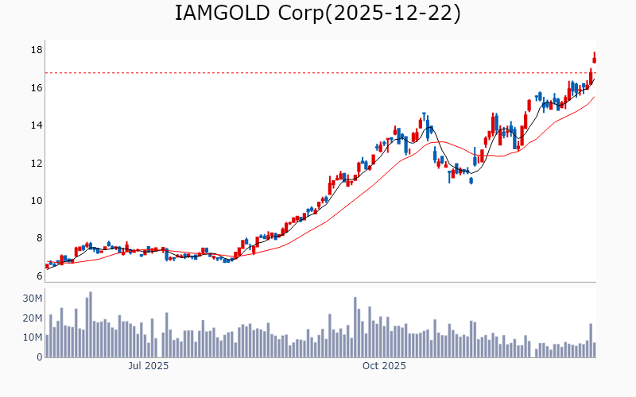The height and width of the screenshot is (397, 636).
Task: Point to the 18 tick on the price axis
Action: [36, 50]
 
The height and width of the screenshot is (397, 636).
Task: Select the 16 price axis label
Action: [36, 87]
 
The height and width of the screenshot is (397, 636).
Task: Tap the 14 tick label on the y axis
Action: [36, 125]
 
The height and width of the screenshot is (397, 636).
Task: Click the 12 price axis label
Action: [36, 163]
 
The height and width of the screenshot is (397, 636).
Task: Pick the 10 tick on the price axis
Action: [36, 201]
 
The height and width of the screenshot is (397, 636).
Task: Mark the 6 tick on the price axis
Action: [37, 276]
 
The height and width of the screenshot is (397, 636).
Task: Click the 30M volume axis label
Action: [33, 299]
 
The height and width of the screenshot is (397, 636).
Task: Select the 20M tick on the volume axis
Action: [33, 318]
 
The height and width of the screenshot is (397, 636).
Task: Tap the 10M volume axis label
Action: [33, 337]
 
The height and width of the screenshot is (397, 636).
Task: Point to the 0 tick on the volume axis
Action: [38, 357]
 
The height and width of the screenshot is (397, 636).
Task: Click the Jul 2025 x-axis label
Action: [149, 366]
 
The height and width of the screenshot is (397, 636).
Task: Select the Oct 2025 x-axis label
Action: [384, 366]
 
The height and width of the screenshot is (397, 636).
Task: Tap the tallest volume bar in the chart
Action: [91, 324]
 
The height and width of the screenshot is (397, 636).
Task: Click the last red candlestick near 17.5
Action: [594, 58]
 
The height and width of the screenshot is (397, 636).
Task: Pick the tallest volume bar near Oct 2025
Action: [355, 327]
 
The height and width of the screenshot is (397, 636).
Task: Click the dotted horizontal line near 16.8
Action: [318, 73]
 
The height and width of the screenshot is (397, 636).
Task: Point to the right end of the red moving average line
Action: [594, 97]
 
